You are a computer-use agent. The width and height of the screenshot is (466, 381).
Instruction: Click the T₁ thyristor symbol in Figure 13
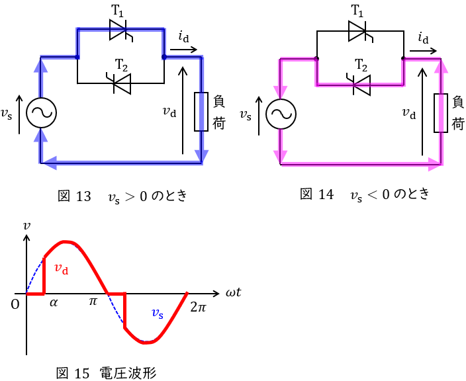coord(120,29)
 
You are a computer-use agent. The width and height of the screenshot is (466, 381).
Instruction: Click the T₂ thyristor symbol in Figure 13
coord(120,83)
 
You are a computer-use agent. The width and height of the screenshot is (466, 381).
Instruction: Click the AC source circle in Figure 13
coord(42,114)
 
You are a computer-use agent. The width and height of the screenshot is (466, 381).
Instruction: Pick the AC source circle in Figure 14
coord(281,114)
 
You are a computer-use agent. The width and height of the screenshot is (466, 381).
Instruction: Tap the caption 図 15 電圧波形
coord(106,372)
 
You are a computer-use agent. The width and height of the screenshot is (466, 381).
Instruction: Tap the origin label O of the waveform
coord(15,304)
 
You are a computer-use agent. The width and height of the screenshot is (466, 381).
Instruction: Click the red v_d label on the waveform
coord(62,269)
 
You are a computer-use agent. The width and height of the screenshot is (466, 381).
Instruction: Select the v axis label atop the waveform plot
coord(26,225)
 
